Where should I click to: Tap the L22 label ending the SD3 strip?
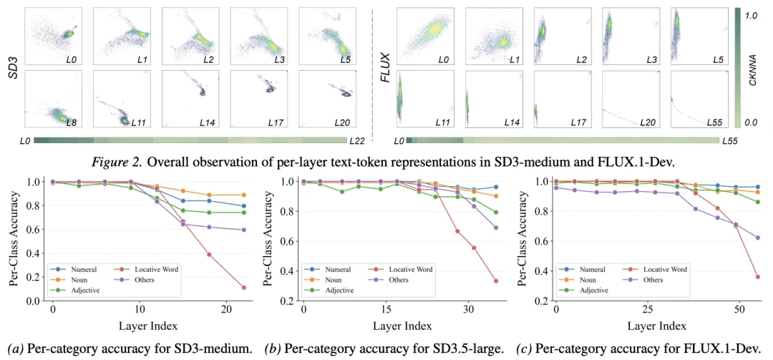[356, 141]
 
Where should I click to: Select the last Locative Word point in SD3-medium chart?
[243, 288]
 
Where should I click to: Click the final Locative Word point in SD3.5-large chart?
[495, 281]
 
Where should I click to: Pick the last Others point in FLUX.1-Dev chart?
[757, 238]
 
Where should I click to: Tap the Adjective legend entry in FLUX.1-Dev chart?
[583, 290]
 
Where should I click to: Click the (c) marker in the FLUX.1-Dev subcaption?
[523, 350]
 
